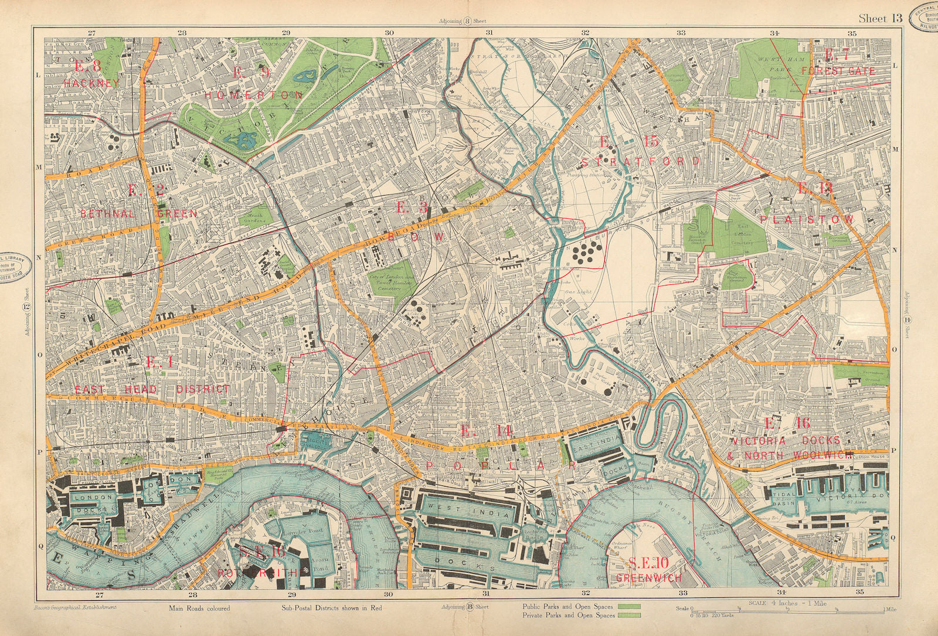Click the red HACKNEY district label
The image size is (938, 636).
point(91,83)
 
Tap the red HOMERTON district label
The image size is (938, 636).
point(267,94)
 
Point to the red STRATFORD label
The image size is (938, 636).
point(641,161)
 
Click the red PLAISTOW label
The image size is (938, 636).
point(807,218)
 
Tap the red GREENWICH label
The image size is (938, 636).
point(649,578)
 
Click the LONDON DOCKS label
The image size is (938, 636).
point(91,505)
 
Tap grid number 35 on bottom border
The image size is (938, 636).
point(860,592)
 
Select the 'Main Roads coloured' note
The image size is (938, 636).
point(199,608)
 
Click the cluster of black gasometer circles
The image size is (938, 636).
point(584,252)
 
